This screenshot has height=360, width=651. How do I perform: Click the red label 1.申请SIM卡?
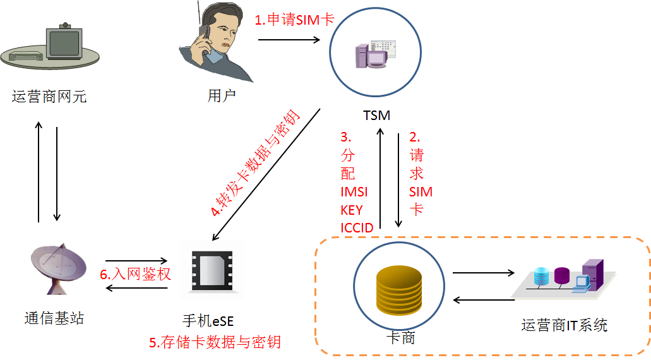[294, 20]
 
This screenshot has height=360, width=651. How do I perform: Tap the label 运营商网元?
[49, 97]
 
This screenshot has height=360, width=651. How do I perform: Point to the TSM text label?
[376, 116]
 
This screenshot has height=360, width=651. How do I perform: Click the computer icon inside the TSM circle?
[376, 55]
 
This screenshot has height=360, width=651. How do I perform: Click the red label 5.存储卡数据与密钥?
[215, 342]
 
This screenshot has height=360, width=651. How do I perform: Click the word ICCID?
[357, 227]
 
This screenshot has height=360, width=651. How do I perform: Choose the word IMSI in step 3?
[354, 192]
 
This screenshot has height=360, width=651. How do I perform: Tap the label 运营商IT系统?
[564, 325]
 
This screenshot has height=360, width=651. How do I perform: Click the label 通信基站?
[54, 318]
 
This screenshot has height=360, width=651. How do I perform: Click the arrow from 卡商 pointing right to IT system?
[484, 273]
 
